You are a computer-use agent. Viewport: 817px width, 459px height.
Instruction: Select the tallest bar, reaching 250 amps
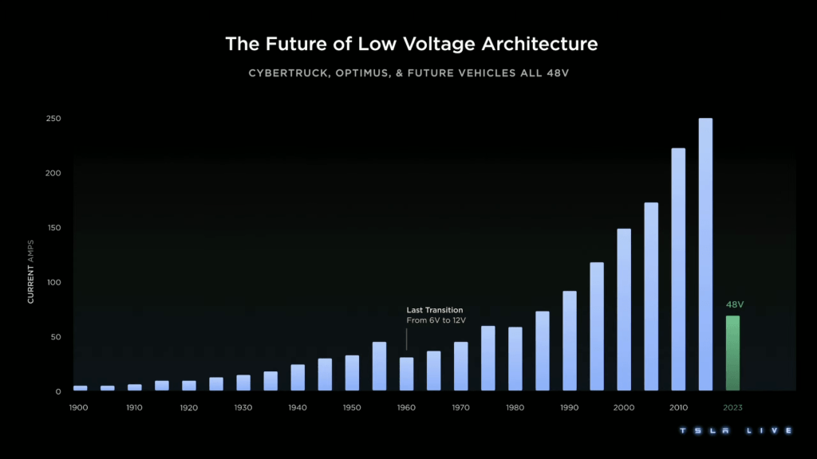click(705, 254)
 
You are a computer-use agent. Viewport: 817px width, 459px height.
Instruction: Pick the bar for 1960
click(407, 374)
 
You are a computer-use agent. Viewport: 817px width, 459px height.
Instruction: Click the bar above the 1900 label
click(81, 388)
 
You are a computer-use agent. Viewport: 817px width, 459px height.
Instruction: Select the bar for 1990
click(570, 340)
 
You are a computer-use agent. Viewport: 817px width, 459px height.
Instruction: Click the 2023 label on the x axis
click(732, 407)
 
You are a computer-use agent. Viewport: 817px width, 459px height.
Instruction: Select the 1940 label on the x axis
click(298, 407)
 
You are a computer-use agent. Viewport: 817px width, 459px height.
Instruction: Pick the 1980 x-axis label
click(515, 407)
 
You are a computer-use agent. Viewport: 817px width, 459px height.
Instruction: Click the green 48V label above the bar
click(735, 304)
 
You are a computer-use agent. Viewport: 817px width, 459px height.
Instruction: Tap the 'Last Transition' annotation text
click(435, 310)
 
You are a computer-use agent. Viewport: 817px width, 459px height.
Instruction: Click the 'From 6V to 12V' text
click(436, 320)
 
